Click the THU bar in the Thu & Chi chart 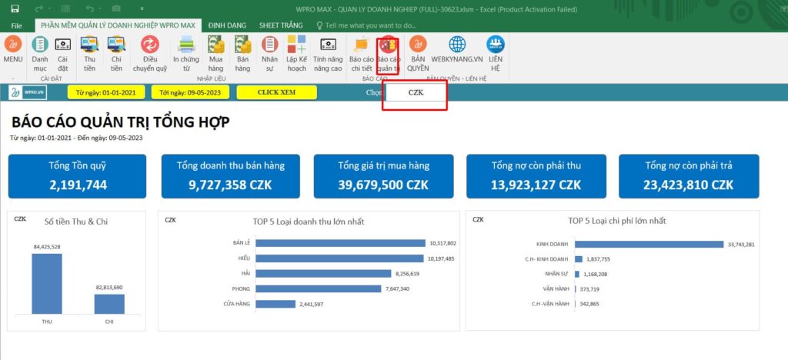(x=46, y=283)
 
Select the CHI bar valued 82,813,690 (x=109, y=304)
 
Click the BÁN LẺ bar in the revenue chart (x=340, y=243)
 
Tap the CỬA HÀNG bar (x=275, y=304)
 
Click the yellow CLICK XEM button (x=276, y=92)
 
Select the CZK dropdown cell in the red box (x=416, y=92)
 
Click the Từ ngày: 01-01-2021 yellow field (x=106, y=92)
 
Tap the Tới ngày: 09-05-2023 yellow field (x=189, y=92)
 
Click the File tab (x=16, y=25)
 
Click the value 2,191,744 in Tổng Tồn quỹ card (x=78, y=185)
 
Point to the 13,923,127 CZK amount (x=536, y=185)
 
